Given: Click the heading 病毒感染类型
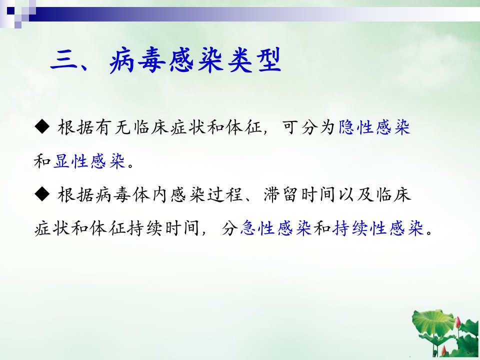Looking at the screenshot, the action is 195,60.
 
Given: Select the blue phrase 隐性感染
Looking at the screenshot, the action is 374,127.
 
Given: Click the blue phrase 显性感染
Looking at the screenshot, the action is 89,160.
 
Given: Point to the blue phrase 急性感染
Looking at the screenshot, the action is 275,228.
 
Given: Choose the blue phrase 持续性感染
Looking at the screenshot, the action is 378,228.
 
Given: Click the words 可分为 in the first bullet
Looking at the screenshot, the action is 309,127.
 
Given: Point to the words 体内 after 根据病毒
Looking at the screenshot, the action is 151,194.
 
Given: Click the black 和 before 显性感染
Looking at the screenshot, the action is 42,160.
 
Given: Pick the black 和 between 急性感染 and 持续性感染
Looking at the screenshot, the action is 321,228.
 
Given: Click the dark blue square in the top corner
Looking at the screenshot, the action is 11,11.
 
